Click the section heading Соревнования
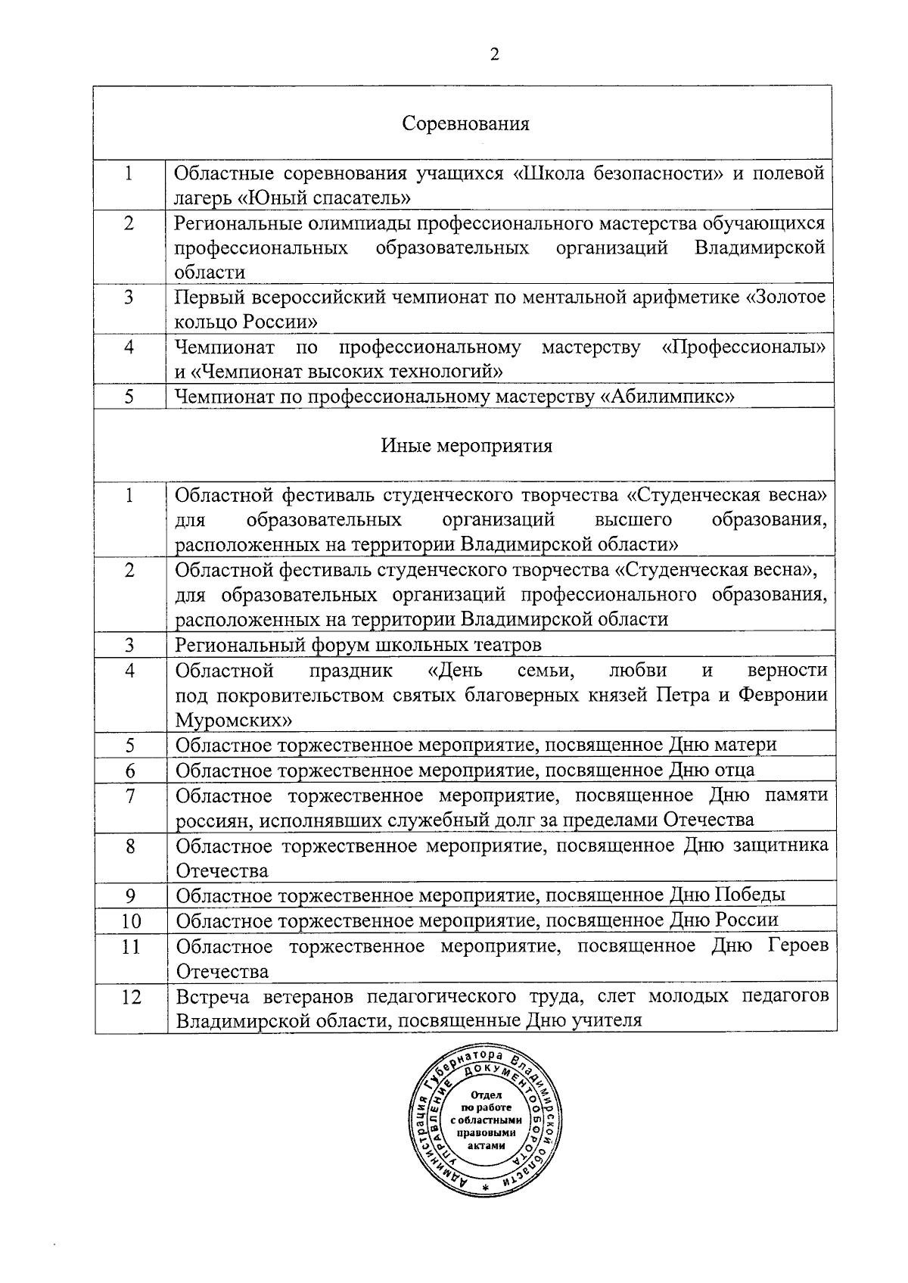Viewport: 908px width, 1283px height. click(465, 123)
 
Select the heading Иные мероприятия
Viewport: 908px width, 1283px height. click(466, 446)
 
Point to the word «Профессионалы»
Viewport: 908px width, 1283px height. click(743, 347)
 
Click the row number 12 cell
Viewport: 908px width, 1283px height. click(131, 997)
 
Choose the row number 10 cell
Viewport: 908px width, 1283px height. click(131, 921)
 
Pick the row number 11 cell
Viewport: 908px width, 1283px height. click(131, 946)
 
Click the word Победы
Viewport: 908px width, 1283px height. click(750, 895)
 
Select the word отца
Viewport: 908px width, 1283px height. click(732, 770)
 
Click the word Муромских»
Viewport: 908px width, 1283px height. click(234, 719)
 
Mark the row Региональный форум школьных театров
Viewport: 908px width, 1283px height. click(358, 645)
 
